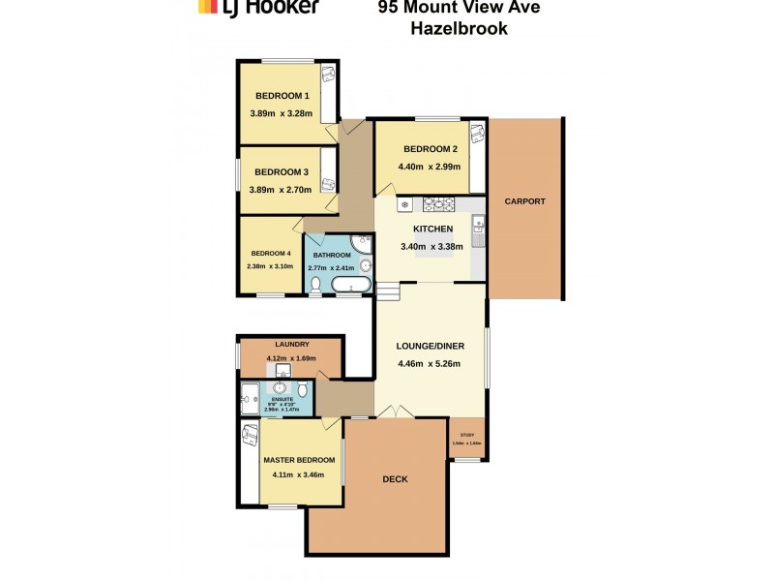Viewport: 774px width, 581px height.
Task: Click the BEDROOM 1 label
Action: pyautogui.click(x=282, y=96)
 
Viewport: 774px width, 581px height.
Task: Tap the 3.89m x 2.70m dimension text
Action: pyautogui.click(x=281, y=190)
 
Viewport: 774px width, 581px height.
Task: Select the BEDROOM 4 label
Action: pyautogui.click(x=270, y=253)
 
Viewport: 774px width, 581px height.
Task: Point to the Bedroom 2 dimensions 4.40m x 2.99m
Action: pyautogui.click(x=430, y=167)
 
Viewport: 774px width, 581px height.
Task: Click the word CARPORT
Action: pyautogui.click(x=524, y=201)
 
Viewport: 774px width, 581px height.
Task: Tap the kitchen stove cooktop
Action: pyautogui.click(x=437, y=204)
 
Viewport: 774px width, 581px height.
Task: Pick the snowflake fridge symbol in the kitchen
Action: pyautogui.click(x=405, y=205)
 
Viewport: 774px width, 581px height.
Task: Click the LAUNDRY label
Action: pyautogui.click(x=291, y=345)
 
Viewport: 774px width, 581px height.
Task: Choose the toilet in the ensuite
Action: pyautogui.click(x=303, y=389)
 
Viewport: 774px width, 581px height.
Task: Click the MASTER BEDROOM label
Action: pyautogui.click(x=299, y=460)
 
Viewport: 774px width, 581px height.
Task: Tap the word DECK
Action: pyautogui.click(x=395, y=479)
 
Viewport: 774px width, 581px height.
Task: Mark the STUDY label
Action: pyautogui.click(x=465, y=435)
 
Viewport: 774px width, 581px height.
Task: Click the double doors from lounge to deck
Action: pyautogui.click(x=394, y=413)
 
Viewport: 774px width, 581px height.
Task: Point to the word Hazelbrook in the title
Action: pyautogui.click(x=459, y=29)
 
